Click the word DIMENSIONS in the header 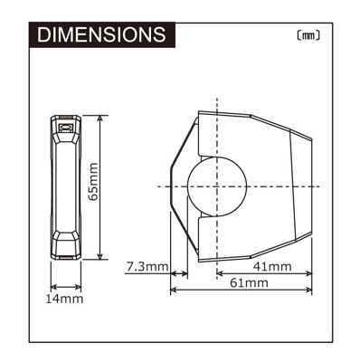(x=99, y=34)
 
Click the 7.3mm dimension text (x=145, y=267)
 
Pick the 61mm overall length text (x=250, y=283)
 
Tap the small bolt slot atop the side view (x=65, y=129)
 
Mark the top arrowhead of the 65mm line (x=99, y=119)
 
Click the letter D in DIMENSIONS (x=42, y=34)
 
